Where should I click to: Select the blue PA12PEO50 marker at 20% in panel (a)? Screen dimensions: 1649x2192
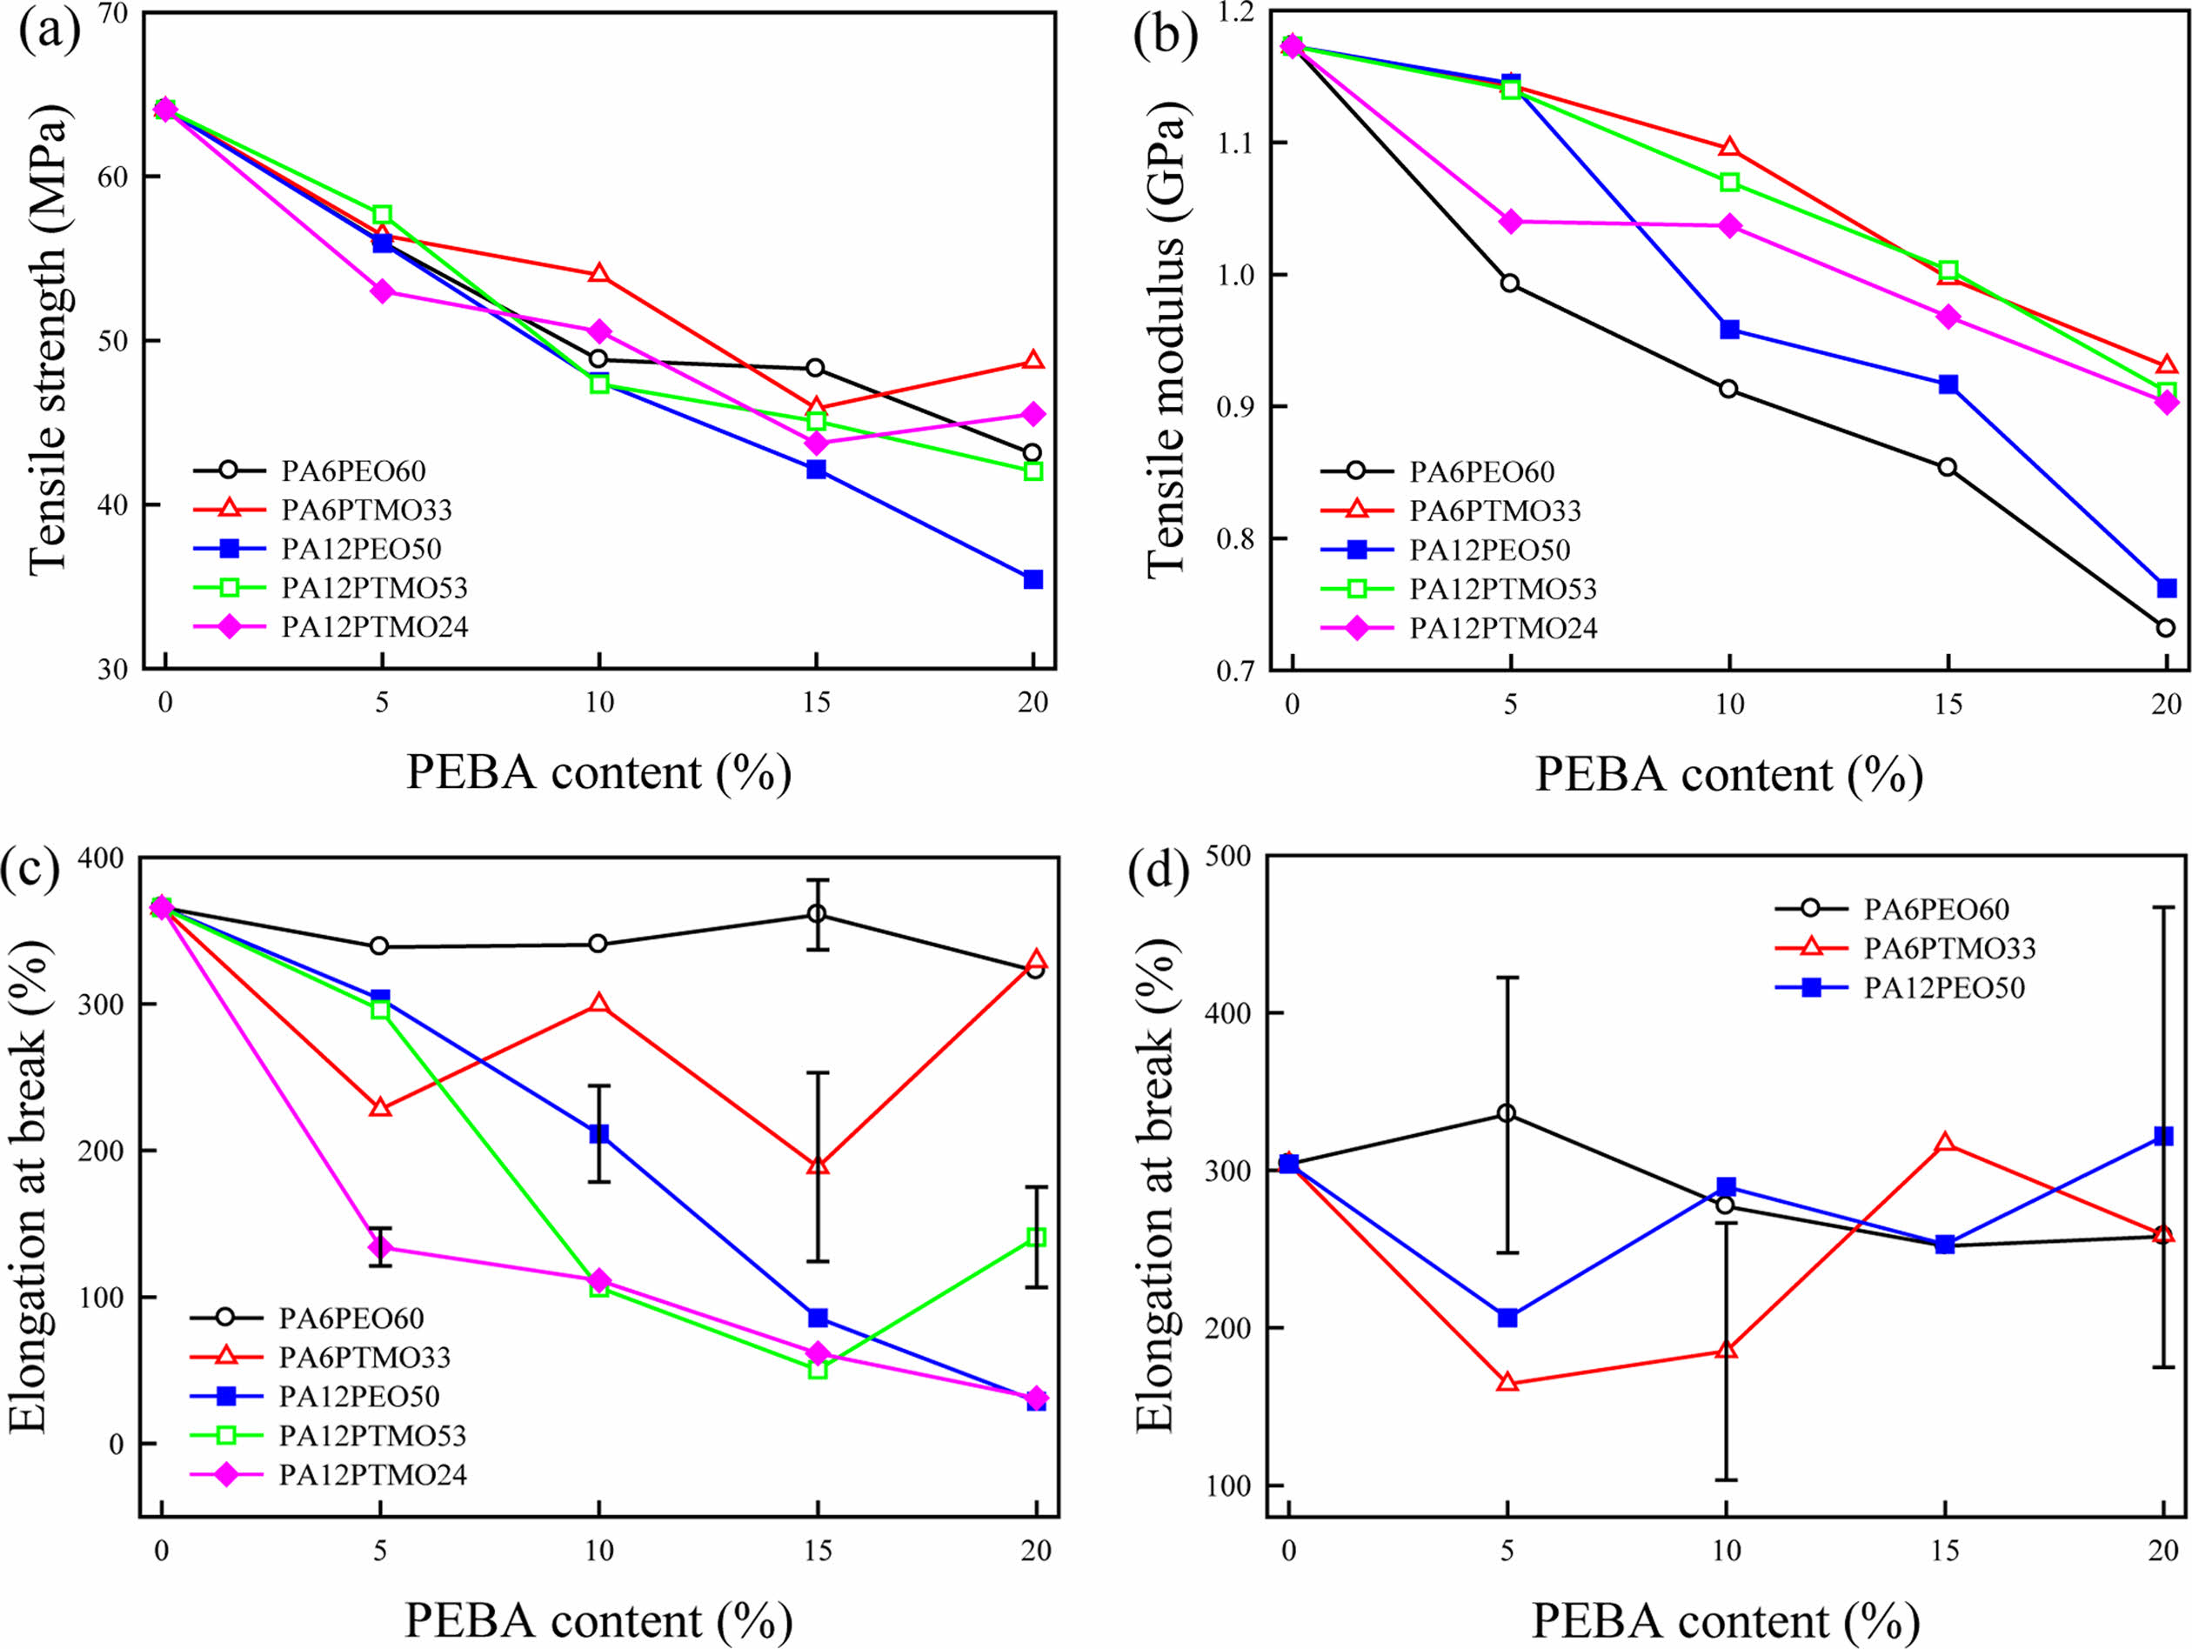pos(1033,578)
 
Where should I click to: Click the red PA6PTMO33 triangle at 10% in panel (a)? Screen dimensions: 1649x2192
pos(598,273)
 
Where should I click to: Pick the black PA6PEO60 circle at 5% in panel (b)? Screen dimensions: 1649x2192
pos(1509,284)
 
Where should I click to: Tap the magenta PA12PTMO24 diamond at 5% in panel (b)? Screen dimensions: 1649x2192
pos(1510,221)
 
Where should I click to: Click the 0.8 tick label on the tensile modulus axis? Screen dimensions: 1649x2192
pos(1237,538)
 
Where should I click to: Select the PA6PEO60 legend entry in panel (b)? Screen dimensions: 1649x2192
pos(1481,471)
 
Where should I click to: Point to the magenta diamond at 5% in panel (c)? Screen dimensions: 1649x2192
pos(379,1246)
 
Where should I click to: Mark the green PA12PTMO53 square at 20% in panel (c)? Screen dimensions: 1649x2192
pos(1037,1237)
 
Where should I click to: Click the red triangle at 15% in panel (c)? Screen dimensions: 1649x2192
pos(818,1165)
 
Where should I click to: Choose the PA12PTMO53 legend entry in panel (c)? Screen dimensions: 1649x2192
pos(371,1435)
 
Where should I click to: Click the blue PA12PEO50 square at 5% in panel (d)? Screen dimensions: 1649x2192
pos(1507,1317)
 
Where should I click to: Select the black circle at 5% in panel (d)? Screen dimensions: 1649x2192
pos(1507,1114)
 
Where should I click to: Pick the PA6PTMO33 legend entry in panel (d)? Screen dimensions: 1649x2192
pos(1949,948)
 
